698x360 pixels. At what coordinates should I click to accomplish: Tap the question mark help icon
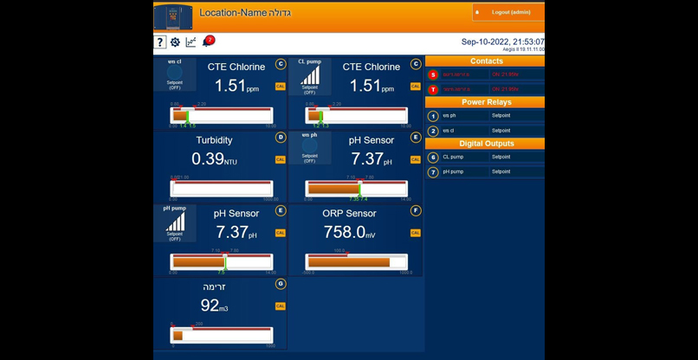point(160,42)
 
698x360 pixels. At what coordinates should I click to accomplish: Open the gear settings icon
point(175,42)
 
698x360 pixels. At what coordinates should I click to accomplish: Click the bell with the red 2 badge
point(207,42)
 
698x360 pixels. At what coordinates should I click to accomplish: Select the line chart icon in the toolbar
point(191,42)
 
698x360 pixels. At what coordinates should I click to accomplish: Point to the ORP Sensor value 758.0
point(343,232)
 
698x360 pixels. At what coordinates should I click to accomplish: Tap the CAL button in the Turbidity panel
point(280,159)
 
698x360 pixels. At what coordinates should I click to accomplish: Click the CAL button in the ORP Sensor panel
point(415,233)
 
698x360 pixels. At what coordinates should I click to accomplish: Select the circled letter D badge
point(280,137)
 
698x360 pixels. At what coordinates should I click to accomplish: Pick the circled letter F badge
point(416,210)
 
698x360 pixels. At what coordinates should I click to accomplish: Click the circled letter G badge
point(280,284)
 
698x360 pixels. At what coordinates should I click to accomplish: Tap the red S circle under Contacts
point(433,75)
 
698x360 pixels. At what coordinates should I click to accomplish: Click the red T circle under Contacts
point(433,89)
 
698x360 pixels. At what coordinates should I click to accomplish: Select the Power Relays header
point(486,102)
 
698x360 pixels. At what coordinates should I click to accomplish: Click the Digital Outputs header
point(486,144)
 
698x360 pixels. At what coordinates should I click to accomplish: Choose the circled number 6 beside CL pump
point(433,157)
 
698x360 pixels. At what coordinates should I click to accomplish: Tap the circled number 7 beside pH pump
point(433,171)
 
